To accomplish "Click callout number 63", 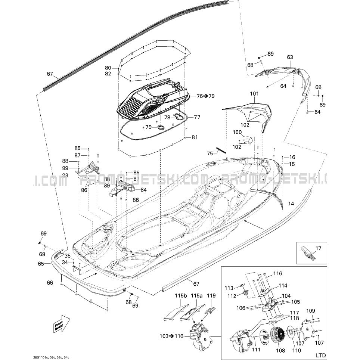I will pos(290,57).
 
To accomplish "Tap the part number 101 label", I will pos(254,94).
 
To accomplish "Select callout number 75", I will pos(210,153).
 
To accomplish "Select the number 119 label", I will pos(211,296).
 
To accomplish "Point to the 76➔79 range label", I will pos(205,96).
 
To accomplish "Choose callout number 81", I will pos(195,137).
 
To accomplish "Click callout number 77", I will pos(197,117).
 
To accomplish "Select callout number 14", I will pos(291,204).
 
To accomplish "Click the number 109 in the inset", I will pos(311,311).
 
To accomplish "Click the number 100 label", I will pos(237,132).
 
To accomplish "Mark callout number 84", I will pos(143,190).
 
